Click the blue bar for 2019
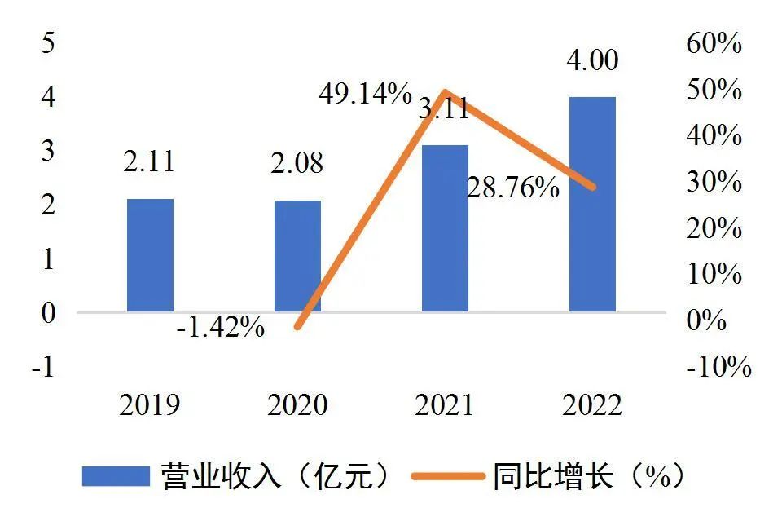150,254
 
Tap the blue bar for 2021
445,228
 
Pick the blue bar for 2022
592,204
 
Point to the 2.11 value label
149,161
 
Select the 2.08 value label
297,163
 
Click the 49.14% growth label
365,95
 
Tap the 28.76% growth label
512,188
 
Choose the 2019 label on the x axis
149,404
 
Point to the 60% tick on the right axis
714,43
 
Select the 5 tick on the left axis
48,43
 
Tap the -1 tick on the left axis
44,367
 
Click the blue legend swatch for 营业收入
116,476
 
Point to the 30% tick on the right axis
714,182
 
